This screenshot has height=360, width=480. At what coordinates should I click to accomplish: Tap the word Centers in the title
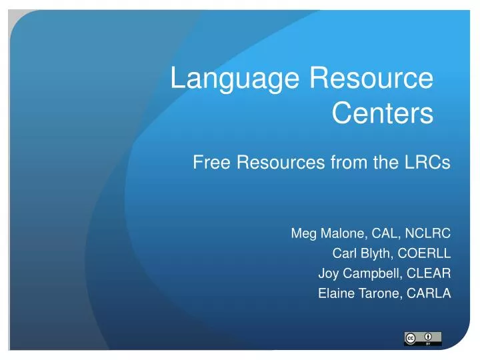tap(382, 113)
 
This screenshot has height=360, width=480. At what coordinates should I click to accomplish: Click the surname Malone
tap(340, 234)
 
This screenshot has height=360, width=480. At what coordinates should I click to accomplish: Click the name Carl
tap(343, 254)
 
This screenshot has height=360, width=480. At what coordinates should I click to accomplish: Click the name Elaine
tap(335, 293)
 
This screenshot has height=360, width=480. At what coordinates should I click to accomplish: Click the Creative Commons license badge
tap(422, 339)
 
